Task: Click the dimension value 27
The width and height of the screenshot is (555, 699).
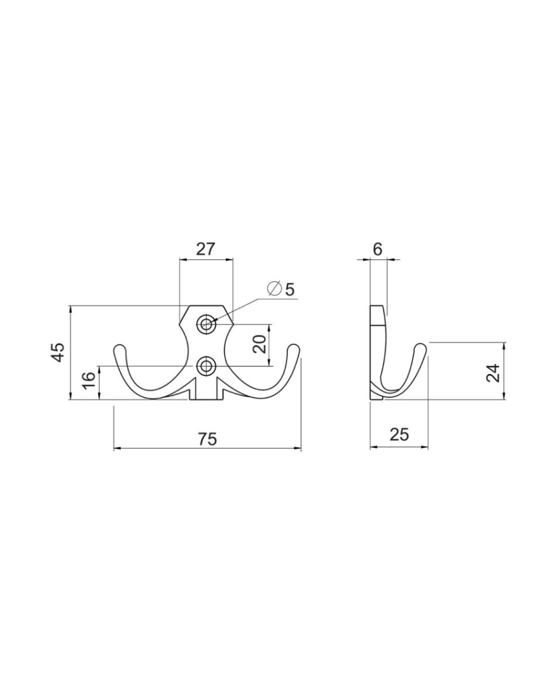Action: pyautogui.click(x=205, y=249)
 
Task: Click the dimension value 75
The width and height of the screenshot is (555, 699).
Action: pyautogui.click(x=207, y=439)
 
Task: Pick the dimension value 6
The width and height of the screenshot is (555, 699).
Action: pyautogui.click(x=378, y=249)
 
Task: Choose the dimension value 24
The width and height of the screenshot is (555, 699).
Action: pyautogui.click(x=493, y=373)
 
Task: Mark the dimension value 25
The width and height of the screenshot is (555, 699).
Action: pyautogui.click(x=398, y=434)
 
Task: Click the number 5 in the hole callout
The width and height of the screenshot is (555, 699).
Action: pyautogui.click(x=290, y=290)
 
